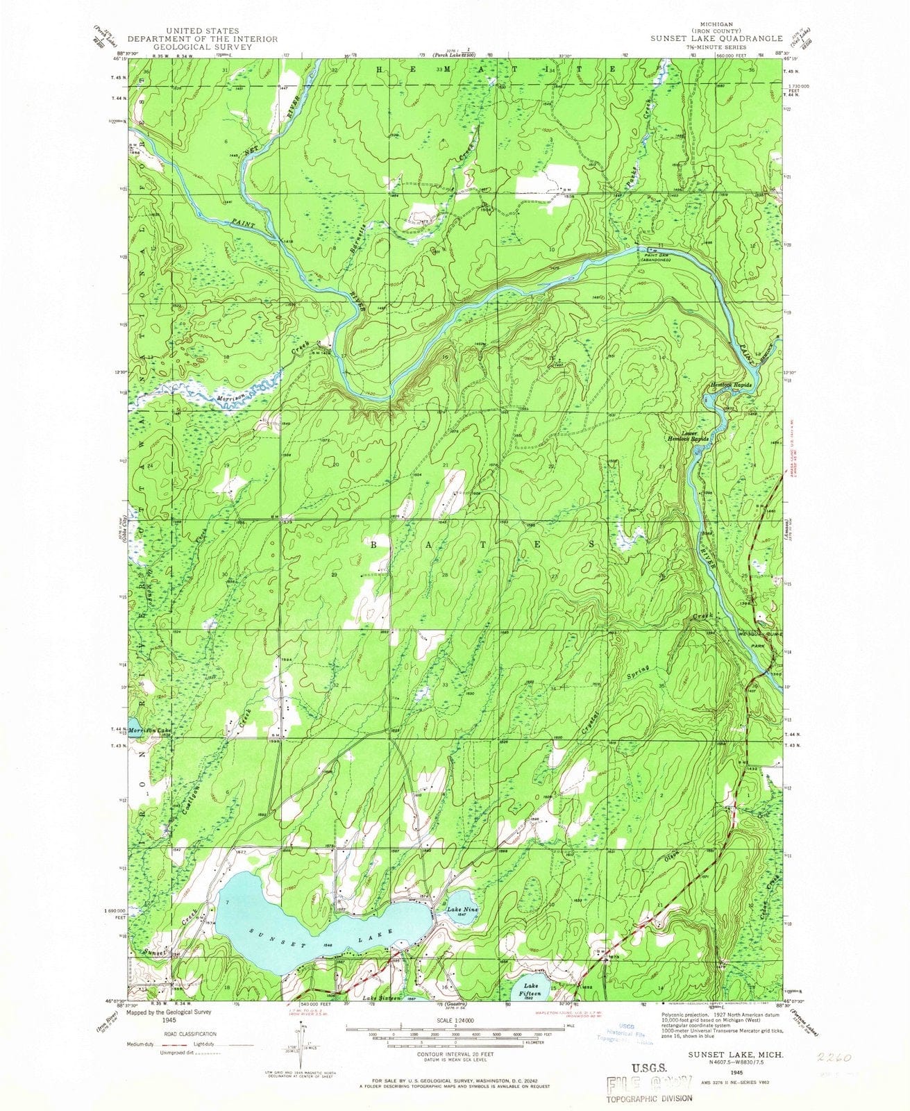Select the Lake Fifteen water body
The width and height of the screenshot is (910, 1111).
coord(531,989)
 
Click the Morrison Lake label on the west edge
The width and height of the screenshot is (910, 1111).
coord(149,730)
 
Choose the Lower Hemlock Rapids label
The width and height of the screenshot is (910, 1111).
coord(688,437)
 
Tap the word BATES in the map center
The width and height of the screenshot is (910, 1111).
coord(482,545)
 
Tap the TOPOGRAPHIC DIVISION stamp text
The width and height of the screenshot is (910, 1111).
coord(650,1098)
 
